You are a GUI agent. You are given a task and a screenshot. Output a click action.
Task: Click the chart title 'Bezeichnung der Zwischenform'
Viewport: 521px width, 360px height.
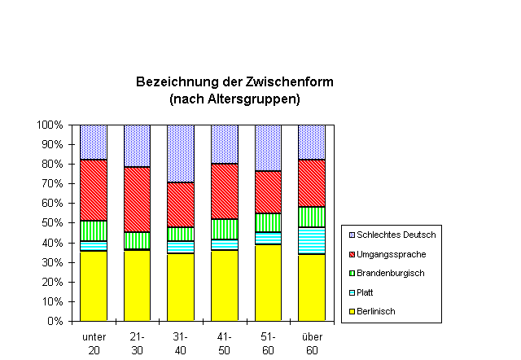(234, 82)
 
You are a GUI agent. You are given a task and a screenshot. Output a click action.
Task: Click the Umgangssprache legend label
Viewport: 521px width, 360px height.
(391, 254)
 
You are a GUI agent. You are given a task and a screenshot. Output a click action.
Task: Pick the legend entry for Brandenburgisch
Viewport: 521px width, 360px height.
(391, 273)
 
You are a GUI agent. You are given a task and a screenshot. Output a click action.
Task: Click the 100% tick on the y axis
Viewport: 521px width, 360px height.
(50, 125)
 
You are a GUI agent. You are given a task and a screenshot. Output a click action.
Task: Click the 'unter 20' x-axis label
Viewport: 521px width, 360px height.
(94, 343)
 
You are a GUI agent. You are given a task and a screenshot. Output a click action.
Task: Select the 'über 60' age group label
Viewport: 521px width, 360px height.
(312, 343)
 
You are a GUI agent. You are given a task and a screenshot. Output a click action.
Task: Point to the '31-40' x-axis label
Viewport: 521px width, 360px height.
(181, 343)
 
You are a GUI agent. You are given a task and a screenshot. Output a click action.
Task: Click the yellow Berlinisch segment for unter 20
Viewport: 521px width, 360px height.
(94, 285)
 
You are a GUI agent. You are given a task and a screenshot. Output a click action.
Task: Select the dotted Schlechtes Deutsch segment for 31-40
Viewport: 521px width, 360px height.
(181, 153)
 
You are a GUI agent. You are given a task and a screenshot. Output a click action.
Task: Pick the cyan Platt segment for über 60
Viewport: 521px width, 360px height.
(312, 240)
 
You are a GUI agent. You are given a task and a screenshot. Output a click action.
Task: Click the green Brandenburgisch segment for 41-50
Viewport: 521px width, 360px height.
(225, 229)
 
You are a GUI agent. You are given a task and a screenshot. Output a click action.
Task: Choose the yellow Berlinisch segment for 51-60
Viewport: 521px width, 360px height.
(268, 282)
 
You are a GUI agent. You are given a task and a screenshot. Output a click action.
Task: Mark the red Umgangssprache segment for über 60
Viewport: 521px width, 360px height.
(312, 183)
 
